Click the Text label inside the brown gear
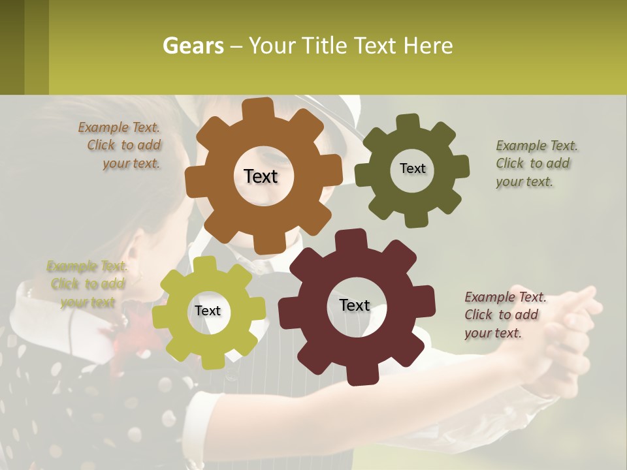(x=261, y=176)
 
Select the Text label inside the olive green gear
(x=412, y=168)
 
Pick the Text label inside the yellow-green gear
(x=208, y=311)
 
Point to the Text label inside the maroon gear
(x=355, y=305)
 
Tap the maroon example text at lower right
(x=503, y=315)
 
